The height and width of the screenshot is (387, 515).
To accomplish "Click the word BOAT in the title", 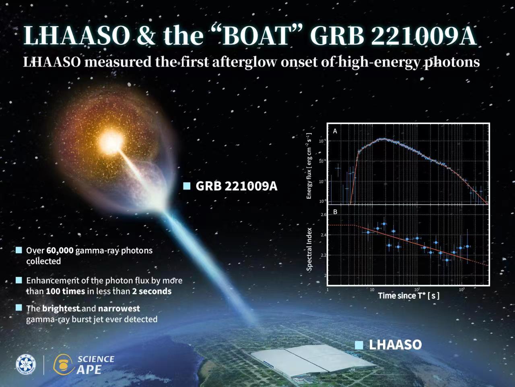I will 256,35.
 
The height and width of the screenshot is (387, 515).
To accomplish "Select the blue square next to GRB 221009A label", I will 187,186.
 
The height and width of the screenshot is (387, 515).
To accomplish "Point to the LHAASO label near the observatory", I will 395,345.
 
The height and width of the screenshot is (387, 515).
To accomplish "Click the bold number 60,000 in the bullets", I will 60,250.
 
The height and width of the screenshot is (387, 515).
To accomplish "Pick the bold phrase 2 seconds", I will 152,291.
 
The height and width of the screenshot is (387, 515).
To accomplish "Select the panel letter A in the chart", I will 335,131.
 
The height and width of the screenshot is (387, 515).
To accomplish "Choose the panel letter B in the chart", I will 335,212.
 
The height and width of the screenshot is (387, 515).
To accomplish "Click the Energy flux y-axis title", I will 309,166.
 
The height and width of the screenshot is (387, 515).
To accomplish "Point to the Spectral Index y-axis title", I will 309,249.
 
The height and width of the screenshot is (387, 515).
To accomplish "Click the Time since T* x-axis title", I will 408,295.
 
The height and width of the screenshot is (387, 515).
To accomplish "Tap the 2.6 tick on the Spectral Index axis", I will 323,215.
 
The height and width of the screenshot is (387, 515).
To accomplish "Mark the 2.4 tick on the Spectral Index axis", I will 323,235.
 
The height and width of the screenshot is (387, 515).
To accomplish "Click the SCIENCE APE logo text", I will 96,364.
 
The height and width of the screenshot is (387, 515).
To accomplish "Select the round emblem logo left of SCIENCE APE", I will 26,364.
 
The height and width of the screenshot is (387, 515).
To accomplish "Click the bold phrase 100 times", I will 65,291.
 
